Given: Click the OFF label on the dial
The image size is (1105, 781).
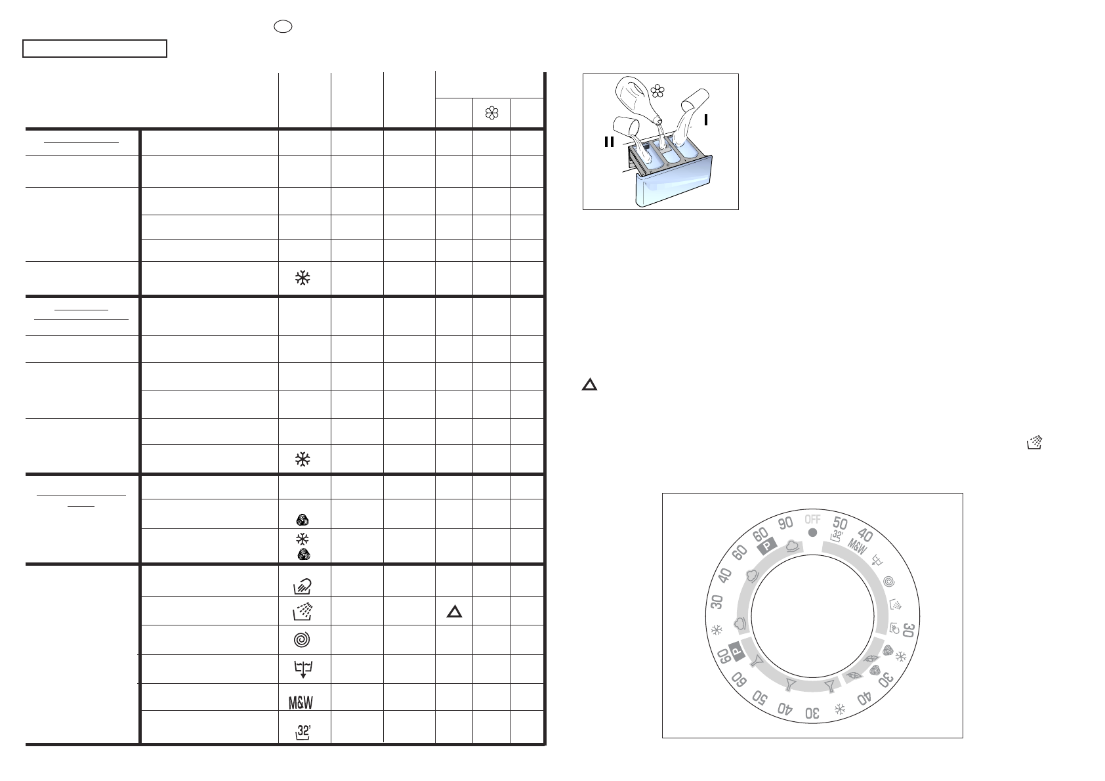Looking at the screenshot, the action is (x=812, y=520).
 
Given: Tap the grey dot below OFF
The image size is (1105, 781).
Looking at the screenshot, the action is (x=812, y=533).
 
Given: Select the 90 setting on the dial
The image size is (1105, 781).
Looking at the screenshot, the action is (x=785, y=522).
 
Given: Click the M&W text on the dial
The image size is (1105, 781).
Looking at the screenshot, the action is (x=858, y=547).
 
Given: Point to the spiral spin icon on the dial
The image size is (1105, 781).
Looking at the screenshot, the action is (x=888, y=581).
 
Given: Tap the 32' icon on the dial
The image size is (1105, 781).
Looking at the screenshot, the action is (x=836, y=536).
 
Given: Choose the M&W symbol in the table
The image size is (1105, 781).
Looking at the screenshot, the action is (x=301, y=702).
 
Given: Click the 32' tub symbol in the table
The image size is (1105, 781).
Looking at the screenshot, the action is (x=303, y=732).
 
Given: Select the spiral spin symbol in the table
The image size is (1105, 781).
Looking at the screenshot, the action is (x=302, y=640).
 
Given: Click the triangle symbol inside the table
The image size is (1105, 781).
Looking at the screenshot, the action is (x=454, y=612).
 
